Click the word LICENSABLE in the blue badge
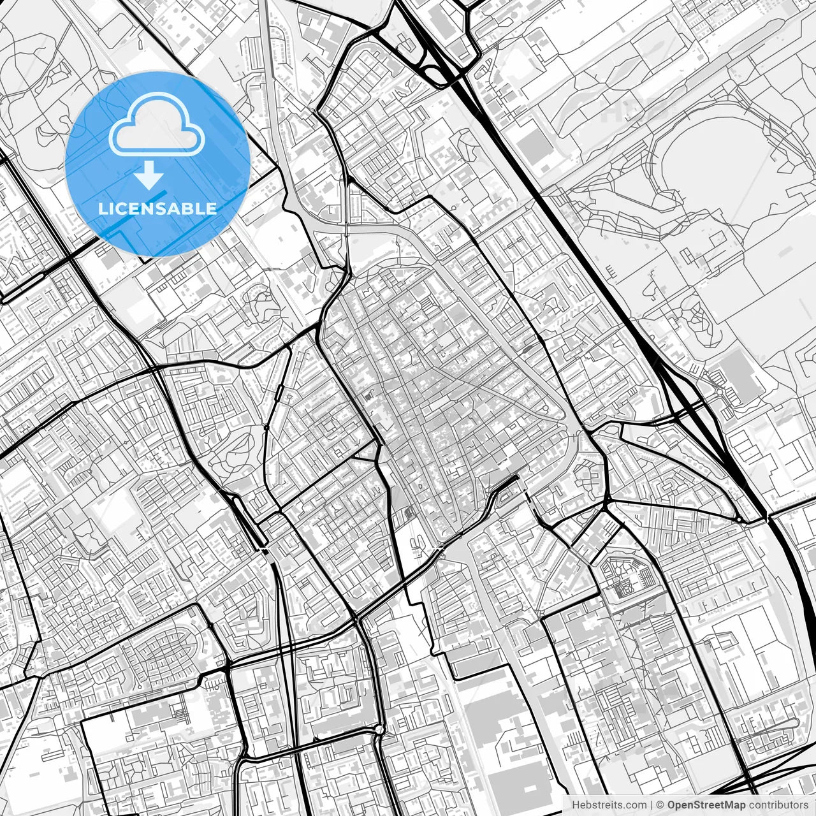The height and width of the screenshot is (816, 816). click(157, 209)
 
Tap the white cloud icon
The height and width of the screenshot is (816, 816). click(157, 125)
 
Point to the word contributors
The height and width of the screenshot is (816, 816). click(778, 805)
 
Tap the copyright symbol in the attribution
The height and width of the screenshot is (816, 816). click(660, 805)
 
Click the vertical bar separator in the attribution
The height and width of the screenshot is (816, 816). click(651, 805)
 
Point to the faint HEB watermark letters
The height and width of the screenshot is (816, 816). click(631, 112)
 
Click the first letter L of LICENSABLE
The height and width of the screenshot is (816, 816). click(102, 209)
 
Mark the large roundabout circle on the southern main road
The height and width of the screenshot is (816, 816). click(379, 729)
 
